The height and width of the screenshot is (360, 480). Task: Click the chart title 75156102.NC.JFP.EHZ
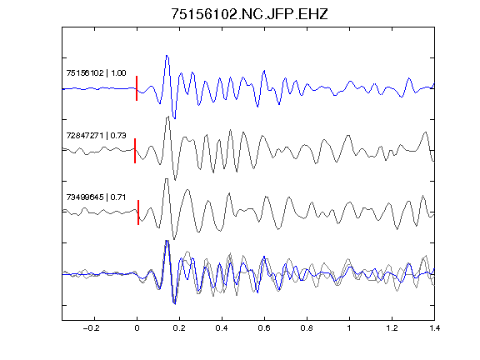point(249,14)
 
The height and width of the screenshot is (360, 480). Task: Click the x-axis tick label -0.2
point(91,328)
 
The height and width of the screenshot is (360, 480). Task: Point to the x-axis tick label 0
point(137,328)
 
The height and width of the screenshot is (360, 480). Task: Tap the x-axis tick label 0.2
point(179,328)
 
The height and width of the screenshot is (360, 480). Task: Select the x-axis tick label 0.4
point(222,328)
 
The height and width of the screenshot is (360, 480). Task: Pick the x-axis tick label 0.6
point(264,328)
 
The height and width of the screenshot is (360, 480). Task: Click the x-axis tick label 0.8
point(307,328)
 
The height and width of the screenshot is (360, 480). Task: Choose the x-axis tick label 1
point(349,328)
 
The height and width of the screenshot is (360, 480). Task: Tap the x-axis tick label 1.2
point(392,328)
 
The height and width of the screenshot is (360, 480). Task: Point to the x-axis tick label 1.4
point(434,328)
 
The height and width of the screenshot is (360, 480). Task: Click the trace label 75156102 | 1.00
point(96,73)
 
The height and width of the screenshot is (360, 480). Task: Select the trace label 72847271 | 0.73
point(96,135)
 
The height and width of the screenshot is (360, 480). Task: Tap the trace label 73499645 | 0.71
point(96,197)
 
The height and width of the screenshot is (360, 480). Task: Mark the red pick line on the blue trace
point(137,88)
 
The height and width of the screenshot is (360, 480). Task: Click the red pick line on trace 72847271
point(135,151)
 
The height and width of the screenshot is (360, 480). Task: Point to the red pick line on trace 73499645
point(138,212)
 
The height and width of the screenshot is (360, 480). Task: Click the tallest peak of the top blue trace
point(167,56)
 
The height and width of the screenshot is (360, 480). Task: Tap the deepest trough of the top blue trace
point(174,117)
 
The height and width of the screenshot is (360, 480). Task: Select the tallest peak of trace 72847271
point(167,117)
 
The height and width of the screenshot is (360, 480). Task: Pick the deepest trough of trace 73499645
point(174,239)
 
